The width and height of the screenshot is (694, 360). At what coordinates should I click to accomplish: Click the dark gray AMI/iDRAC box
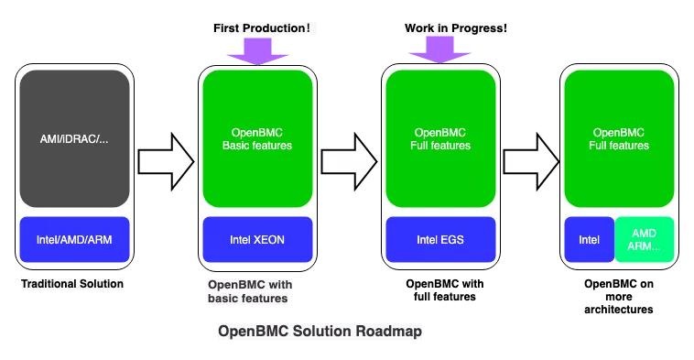point(74,139)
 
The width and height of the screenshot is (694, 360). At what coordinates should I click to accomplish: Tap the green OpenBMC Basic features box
point(257,139)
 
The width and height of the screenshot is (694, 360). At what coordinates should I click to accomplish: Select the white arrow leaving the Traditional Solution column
point(166,161)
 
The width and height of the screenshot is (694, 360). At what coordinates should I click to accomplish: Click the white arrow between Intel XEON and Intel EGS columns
point(349,161)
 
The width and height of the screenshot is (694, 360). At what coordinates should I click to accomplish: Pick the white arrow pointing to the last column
point(531,161)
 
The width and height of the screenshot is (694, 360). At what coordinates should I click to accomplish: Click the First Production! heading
point(263,28)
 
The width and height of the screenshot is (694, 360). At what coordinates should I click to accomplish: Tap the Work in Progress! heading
point(455,28)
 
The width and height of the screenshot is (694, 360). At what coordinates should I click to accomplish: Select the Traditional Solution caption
point(71,284)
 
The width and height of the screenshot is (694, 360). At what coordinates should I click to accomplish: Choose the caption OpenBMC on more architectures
point(619,297)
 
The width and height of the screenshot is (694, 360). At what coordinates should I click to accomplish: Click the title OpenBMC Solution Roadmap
point(320,332)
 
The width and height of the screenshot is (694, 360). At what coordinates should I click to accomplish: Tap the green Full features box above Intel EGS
point(440,139)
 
